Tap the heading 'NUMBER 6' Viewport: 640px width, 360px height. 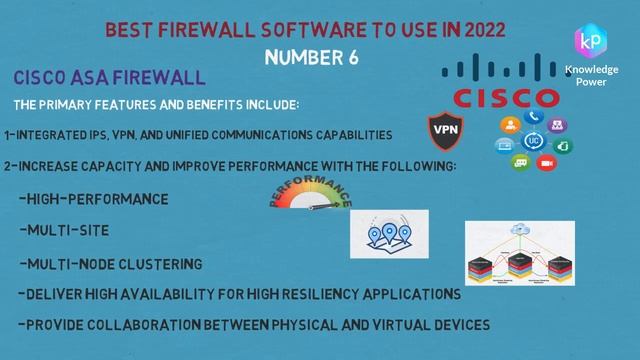(x=311, y=57)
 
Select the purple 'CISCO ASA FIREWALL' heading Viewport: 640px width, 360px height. (x=110, y=77)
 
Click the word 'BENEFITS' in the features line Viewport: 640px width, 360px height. (x=213, y=104)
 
